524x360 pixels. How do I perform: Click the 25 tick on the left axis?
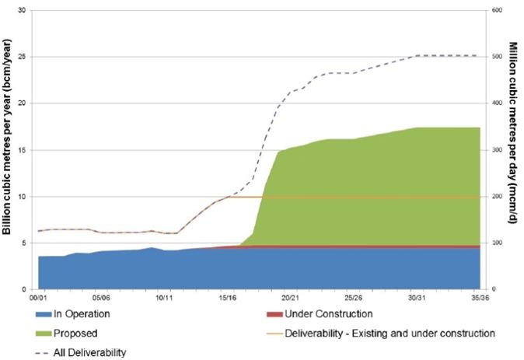23,56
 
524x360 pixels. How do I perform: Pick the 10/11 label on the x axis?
163,297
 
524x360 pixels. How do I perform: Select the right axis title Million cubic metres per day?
515,148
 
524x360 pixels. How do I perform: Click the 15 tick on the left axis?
23,149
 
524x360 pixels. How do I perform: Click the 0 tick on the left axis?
25,289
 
